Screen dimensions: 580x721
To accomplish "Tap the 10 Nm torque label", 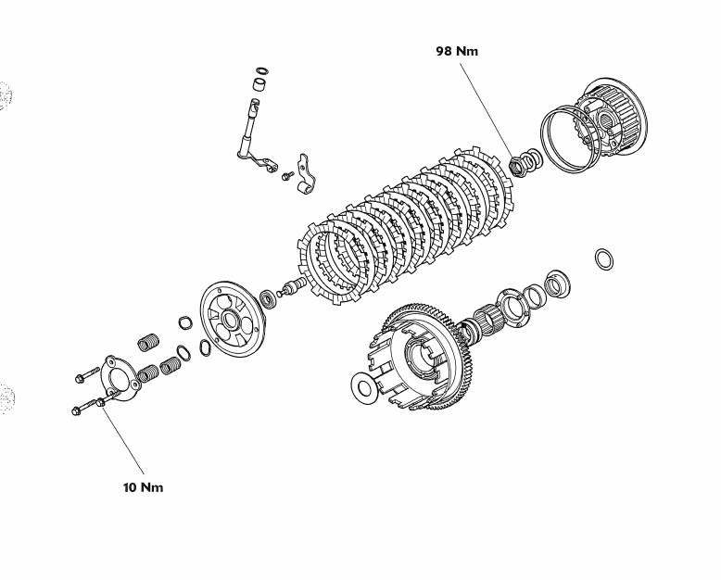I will point(143,487).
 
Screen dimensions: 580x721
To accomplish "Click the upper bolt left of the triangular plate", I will point(82,377).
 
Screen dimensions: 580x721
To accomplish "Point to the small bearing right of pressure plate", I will point(268,298).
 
